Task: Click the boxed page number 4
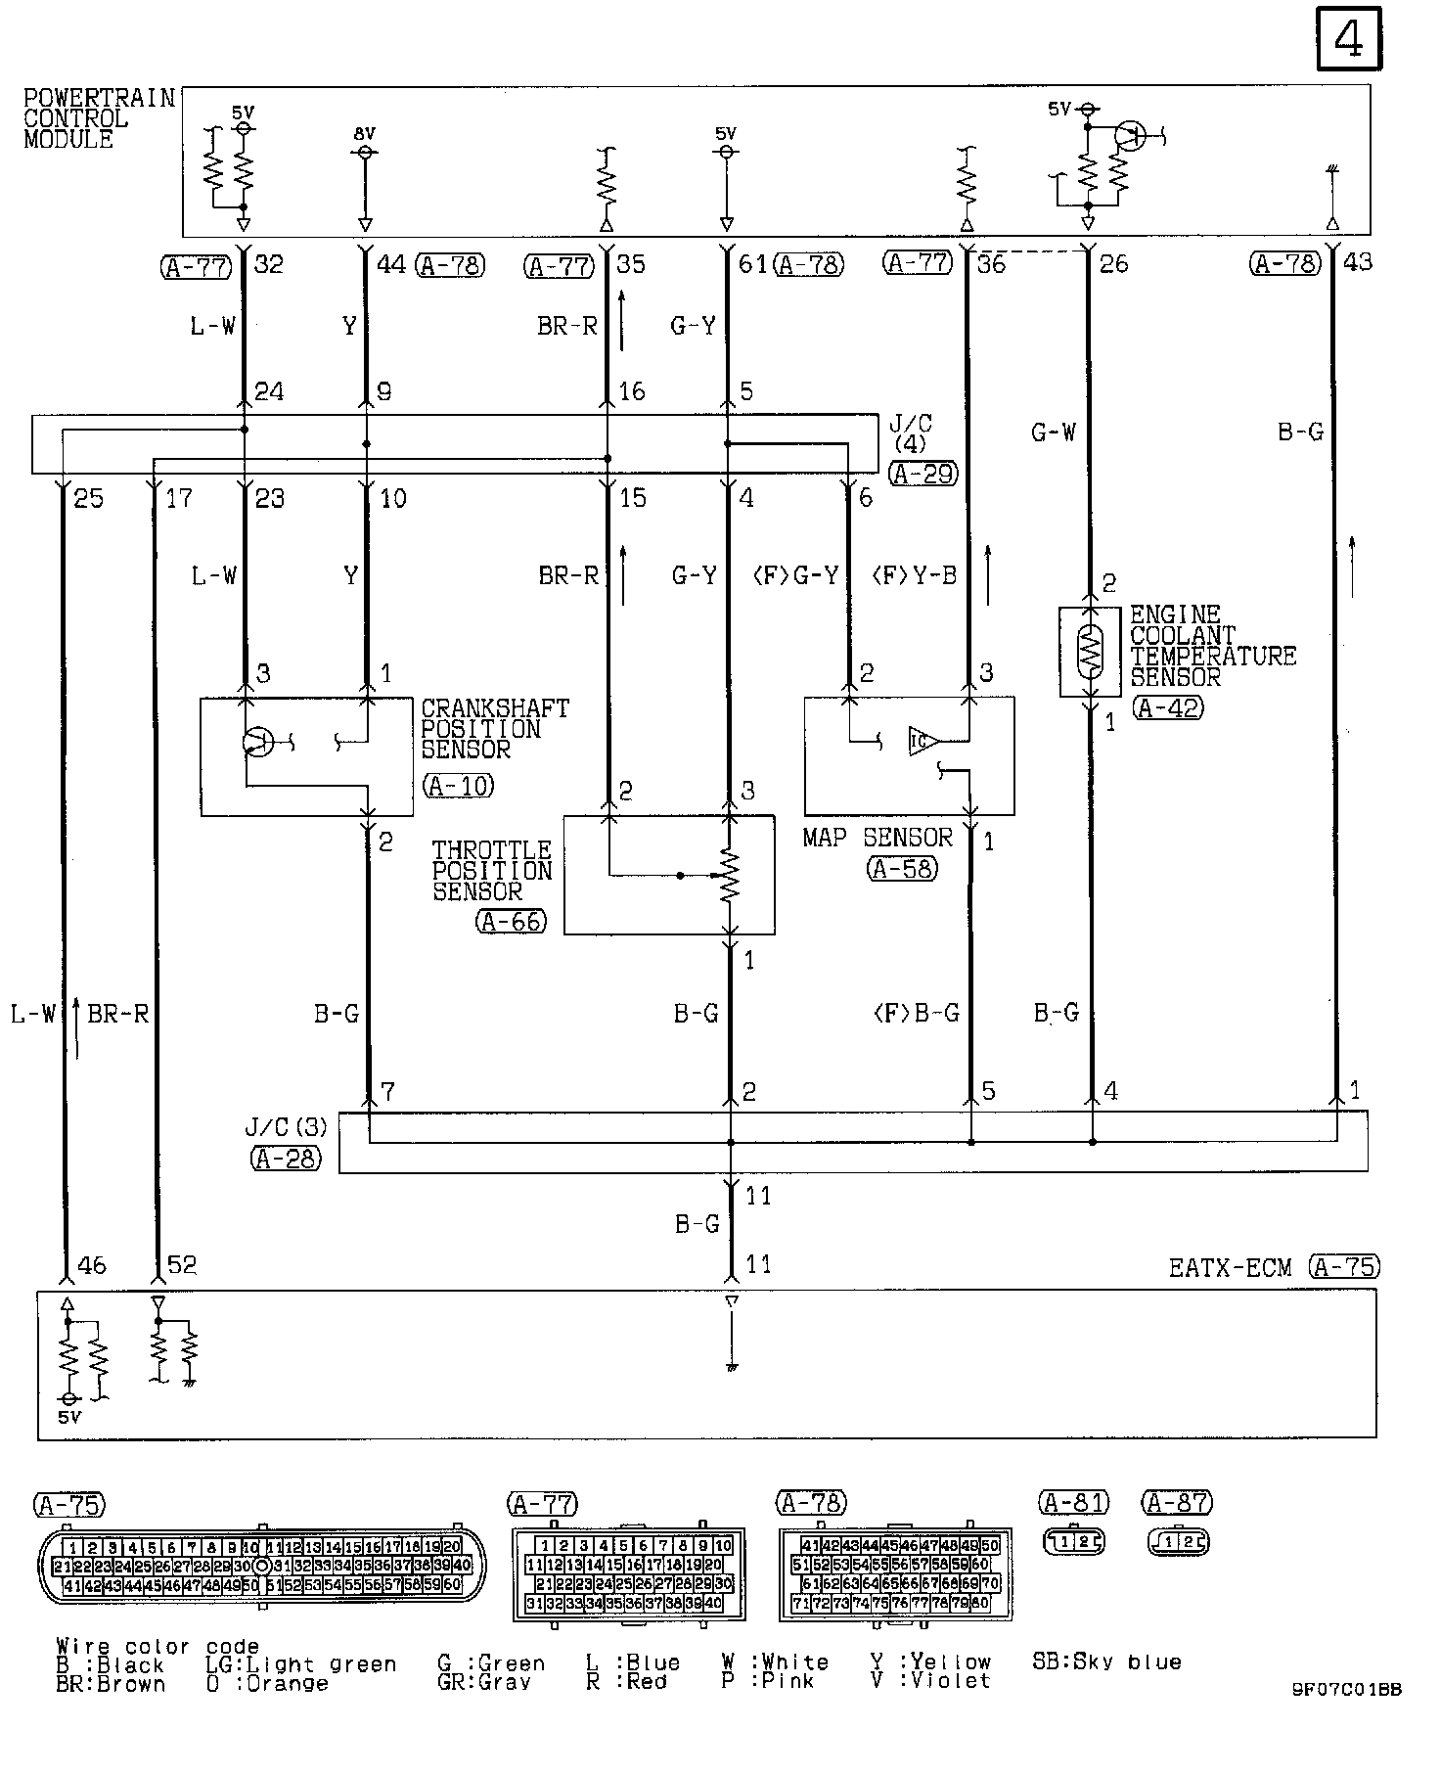click(x=1349, y=39)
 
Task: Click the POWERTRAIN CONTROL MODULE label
click(x=99, y=118)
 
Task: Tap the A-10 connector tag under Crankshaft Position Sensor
click(x=459, y=785)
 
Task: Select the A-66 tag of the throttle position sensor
click(x=512, y=920)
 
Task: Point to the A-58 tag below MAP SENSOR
click(x=901, y=868)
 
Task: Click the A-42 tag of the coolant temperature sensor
click(x=1168, y=707)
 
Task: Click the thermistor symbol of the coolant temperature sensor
click(x=1090, y=651)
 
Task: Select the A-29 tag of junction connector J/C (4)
click(x=922, y=474)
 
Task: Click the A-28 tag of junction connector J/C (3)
click(x=285, y=1158)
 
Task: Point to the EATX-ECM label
click(x=1231, y=1268)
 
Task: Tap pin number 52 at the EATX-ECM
click(x=182, y=1265)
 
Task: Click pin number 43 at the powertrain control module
click(x=1358, y=262)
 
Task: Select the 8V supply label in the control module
click(x=364, y=134)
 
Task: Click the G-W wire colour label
click(x=1053, y=432)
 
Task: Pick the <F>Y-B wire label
click(x=914, y=575)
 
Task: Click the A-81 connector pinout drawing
click(x=1074, y=1542)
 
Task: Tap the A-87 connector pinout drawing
click(x=1178, y=1542)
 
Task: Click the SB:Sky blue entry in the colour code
click(x=1106, y=1661)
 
